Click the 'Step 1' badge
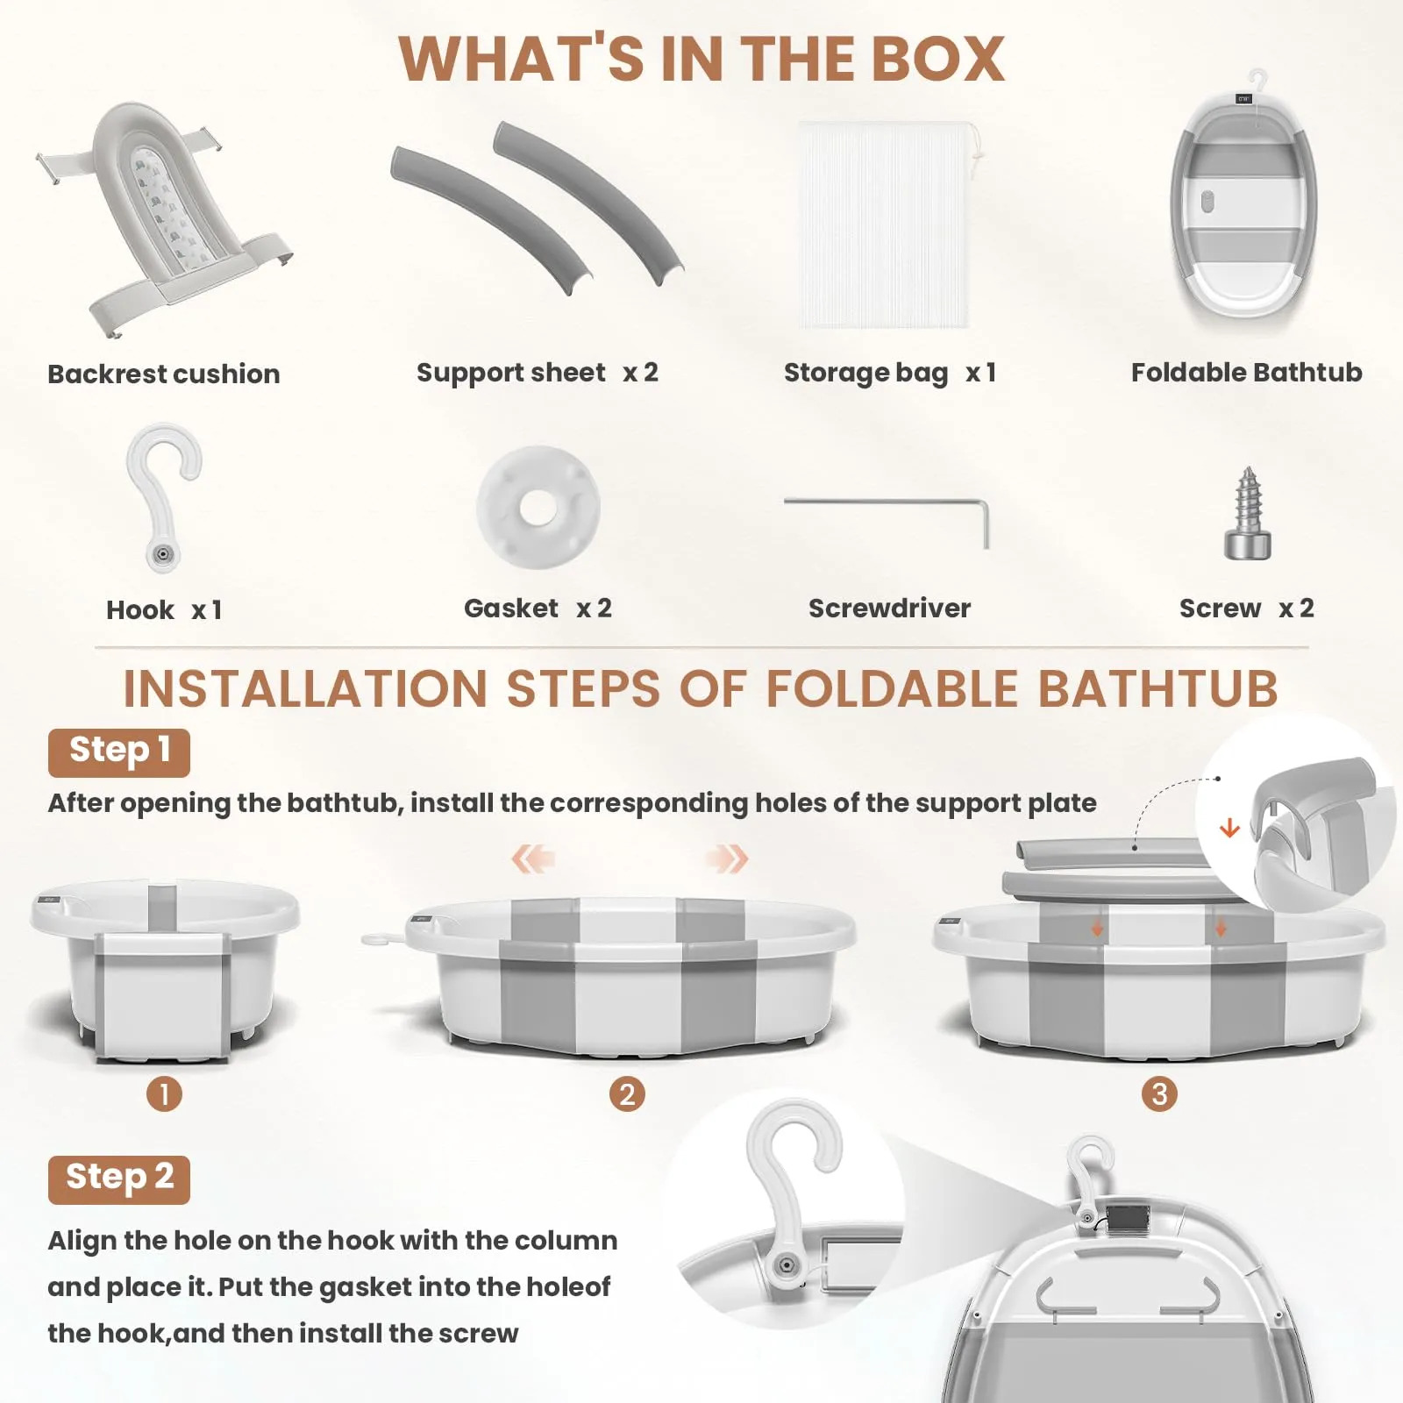click(119, 752)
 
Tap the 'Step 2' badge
click(119, 1179)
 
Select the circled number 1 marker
click(164, 1094)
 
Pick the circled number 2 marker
click(627, 1094)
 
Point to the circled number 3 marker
click(1159, 1094)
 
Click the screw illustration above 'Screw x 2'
click(1247, 514)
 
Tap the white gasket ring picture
click(538, 507)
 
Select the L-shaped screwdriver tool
click(887, 502)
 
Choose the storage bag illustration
click(886, 225)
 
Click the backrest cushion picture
click(162, 219)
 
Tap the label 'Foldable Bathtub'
click(1246, 373)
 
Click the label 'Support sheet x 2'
click(537, 373)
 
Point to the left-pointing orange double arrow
click(533, 858)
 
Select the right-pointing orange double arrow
click(727, 858)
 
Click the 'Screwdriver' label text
click(889, 609)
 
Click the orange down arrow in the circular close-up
click(1229, 827)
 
